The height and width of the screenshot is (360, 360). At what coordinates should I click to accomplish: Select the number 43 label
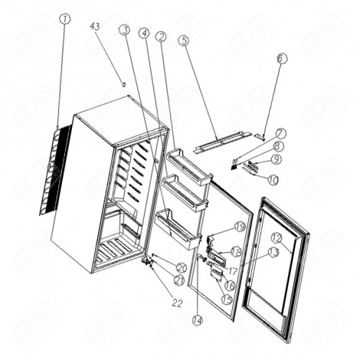coord(95,27)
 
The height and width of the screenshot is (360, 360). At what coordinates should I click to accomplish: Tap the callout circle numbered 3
coord(124,29)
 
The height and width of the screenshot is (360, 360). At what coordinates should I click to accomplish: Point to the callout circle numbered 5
coord(143,33)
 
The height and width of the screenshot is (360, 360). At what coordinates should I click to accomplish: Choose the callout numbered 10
coord(281,58)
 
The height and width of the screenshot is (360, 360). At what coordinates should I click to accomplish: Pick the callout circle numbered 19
coord(239,227)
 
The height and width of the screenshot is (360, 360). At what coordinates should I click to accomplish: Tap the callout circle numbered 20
coord(182,267)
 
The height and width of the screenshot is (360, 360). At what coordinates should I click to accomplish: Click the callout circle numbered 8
coord(279,146)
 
